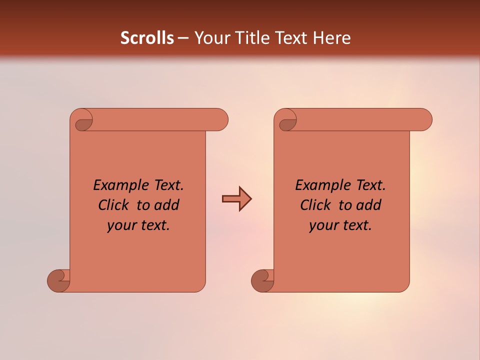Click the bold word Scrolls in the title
click(x=147, y=38)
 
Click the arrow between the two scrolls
click(x=236, y=199)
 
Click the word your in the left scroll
click(x=122, y=225)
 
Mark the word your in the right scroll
click(x=324, y=225)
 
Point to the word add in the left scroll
click(x=166, y=205)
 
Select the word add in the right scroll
click(x=368, y=205)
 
